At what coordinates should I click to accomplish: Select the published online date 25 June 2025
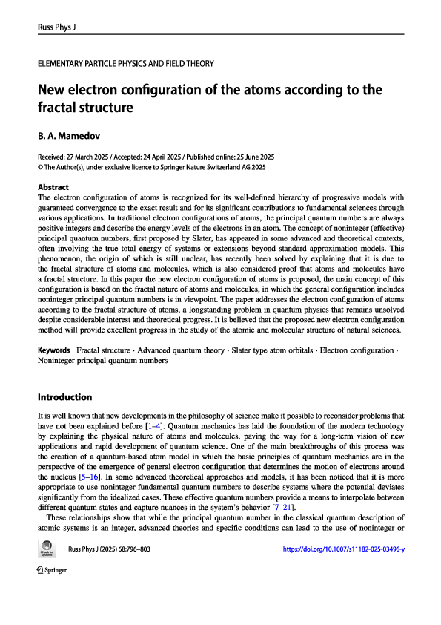point(248,158)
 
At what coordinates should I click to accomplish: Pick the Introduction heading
point(64,397)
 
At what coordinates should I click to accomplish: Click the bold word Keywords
point(54,350)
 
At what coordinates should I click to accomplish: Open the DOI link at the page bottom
point(344,590)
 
